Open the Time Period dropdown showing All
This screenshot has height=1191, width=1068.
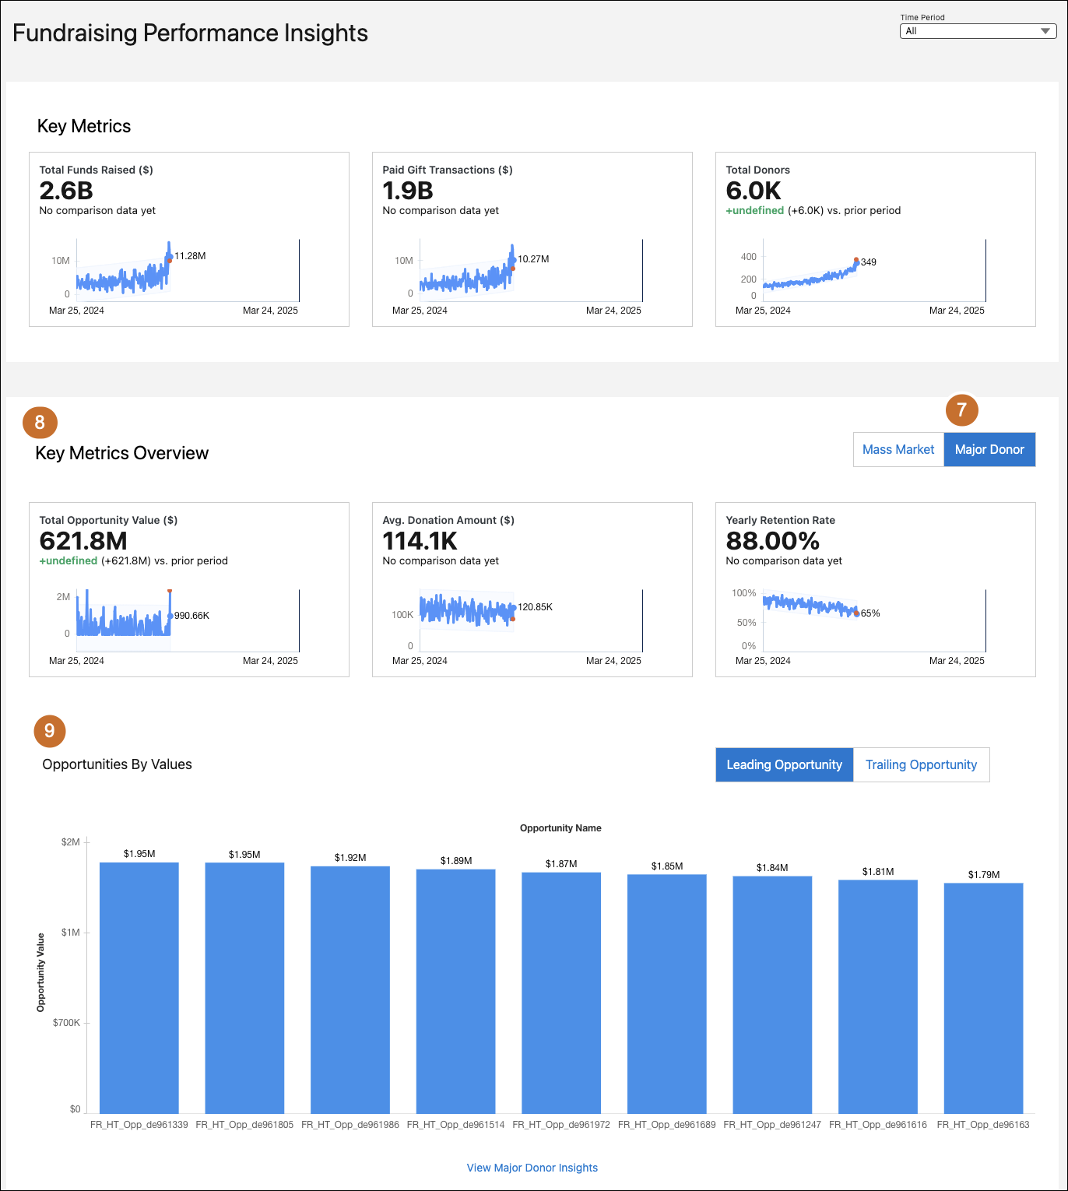tap(978, 31)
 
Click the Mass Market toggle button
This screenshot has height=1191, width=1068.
tap(898, 450)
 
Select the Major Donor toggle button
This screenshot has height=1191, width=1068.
tap(989, 450)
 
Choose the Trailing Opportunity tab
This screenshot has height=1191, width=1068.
tap(921, 764)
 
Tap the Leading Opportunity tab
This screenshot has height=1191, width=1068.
tap(784, 764)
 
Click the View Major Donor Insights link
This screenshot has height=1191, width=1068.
tap(532, 1168)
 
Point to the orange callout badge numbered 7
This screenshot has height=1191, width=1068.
tap(961, 410)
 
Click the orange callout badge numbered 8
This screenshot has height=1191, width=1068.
tap(40, 423)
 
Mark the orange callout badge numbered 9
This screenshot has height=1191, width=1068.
tap(50, 731)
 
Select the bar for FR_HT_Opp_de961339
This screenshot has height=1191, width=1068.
tap(139, 987)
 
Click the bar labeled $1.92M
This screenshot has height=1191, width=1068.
tap(350, 989)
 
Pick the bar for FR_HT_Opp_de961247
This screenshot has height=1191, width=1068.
tap(772, 994)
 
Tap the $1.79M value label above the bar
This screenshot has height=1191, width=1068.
tap(984, 875)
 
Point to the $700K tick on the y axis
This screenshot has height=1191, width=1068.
tap(66, 1023)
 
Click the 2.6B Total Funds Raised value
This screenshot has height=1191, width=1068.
tap(66, 191)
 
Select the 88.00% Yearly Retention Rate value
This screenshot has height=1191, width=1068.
tap(772, 541)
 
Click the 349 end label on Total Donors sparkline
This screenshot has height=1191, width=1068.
tap(869, 262)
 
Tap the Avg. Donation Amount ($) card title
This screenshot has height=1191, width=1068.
tap(448, 520)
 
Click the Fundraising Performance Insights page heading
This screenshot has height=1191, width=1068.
tap(191, 33)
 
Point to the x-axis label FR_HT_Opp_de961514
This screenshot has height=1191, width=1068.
tap(455, 1125)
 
